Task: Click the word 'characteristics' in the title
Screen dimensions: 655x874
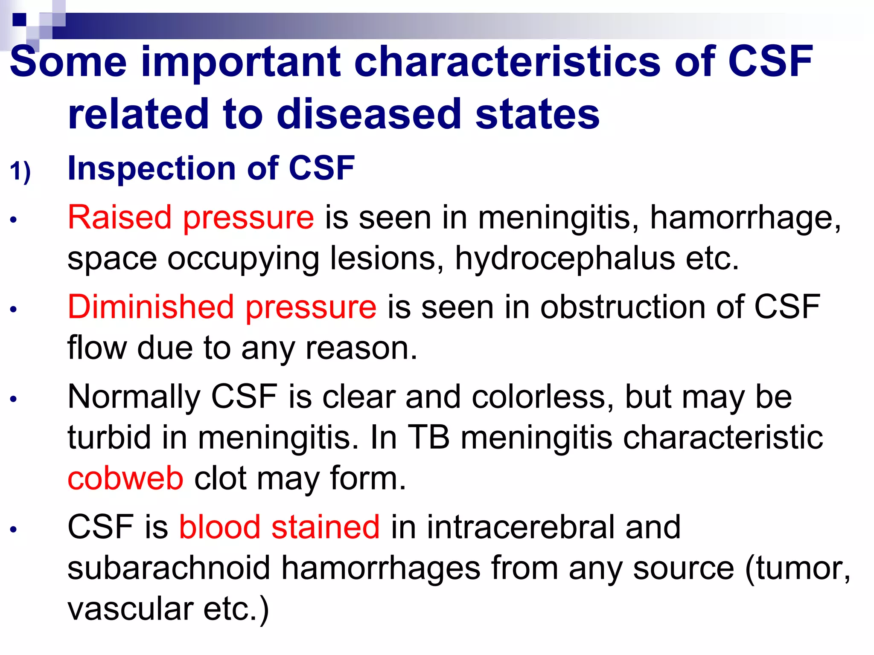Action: click(508, 62)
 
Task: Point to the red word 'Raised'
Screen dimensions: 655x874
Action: click(120, 217)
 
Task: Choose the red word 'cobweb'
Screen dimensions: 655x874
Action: click(125, 478)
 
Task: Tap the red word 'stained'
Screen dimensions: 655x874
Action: click(325, 527)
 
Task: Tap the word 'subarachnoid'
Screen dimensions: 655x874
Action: click(169, 568)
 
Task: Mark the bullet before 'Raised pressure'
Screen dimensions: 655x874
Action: click(14, 220)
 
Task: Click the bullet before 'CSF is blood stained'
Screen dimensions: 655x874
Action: click(14, 530)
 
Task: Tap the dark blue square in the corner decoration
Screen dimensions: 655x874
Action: click(20, 20)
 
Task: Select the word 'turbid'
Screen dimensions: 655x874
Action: click(109, 438)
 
